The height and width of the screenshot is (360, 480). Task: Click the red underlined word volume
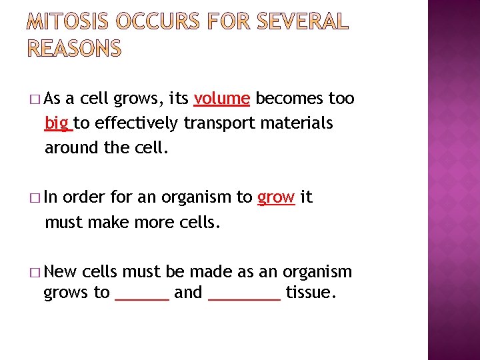pyautogui.click(x=222, y=99)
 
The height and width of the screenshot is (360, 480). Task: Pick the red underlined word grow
pyautogui.click(x=276, y=197)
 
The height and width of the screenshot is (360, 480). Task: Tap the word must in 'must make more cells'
pyautogui.click(x=63, y=222)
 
